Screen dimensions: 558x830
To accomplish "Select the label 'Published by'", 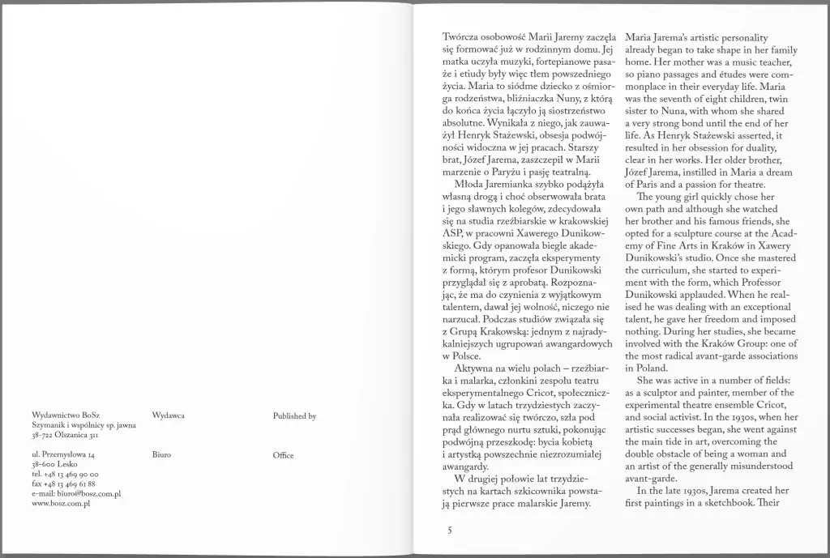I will pyautogui.click(x=294, y=415).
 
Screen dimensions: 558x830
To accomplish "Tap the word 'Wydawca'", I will pyautogui.click(x=169, y=415).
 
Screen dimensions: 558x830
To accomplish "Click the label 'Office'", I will pyautogui.click(x=284, y=456).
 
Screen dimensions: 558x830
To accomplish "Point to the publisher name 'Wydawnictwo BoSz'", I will pyautogui.click(x=61, y=415).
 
